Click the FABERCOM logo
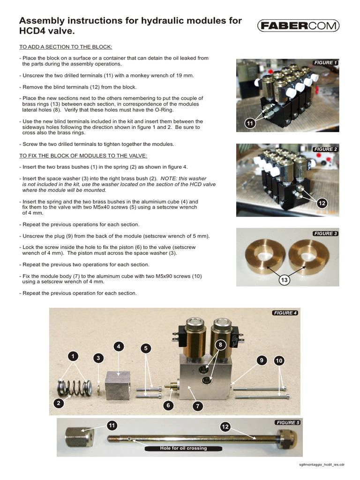coord(298,26)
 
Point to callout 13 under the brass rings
coord(284,280)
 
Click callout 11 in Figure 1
coord(250,123)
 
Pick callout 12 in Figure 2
coord(322,203)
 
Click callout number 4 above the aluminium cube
coord(119,346)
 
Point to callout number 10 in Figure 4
coord(279,360)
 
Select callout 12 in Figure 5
coord(226,426)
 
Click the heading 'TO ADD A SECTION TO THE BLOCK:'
coord(66,46)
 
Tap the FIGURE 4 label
coord(285,313)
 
